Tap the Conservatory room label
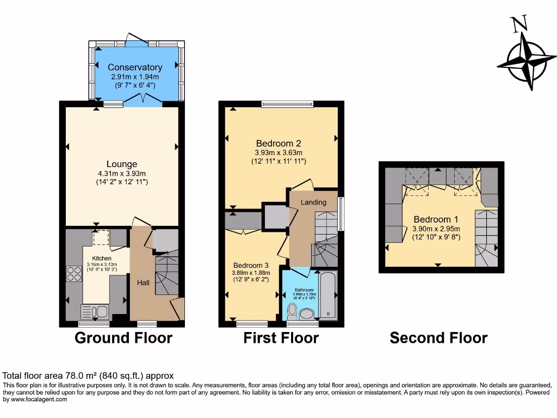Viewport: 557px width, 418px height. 135,67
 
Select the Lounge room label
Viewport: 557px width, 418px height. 121,164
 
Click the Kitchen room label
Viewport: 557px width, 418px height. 102,258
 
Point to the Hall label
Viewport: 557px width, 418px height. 143,282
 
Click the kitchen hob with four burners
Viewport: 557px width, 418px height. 73,274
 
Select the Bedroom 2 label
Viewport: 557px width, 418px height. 278,144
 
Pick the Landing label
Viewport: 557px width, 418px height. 314,202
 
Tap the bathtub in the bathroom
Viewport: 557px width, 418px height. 328,296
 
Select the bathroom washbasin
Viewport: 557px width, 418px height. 307,314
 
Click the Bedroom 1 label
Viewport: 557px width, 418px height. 436,220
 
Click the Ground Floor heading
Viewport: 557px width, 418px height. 123,338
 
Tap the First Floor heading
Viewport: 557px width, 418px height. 281,338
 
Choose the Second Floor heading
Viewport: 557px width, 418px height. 438,338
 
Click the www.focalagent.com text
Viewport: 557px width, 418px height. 35,399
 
